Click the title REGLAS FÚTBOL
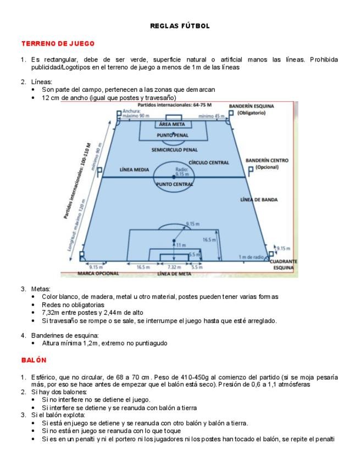pos(180,26)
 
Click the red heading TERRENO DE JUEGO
pos(58,43)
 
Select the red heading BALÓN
pos(34,360)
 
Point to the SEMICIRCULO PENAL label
pos(174,149)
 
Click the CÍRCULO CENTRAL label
pos(209,163)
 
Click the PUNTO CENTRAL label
pos(174,185)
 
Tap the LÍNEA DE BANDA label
pos(259,199)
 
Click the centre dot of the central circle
pos(174,177)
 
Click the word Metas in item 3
pos(41,289)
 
